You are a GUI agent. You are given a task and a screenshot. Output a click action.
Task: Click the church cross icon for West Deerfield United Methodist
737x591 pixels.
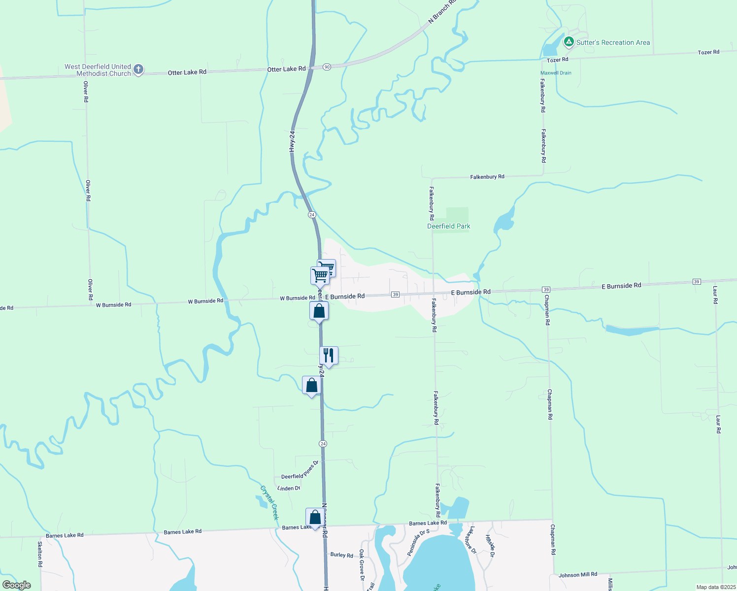(x=138, y=69)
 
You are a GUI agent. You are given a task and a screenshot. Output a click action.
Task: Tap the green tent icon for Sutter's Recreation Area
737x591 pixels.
(x=569, y=42)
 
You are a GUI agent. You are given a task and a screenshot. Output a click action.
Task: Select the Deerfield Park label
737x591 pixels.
(x=448, y=226)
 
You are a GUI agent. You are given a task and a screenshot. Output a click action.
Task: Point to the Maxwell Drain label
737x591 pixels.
(x=556, y=73)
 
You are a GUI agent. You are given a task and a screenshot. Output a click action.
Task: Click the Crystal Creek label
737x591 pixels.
(x=269, y=502)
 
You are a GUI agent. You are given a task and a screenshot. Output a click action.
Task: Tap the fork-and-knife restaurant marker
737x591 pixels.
(x=329, y=356)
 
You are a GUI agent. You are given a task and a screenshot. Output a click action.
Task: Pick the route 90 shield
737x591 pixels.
(x=327, y=67)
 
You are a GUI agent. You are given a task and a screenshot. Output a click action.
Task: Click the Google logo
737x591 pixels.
(x=16, y=585)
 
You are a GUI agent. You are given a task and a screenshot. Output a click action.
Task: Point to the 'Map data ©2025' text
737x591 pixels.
(x=716, y=587)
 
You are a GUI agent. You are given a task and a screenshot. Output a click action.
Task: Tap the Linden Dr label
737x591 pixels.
(x=289, y=488)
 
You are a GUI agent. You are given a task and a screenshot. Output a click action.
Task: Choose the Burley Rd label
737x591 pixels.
(x=341, y=555)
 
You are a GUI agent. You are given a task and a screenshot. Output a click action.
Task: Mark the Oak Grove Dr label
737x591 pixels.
(x=362, y=564)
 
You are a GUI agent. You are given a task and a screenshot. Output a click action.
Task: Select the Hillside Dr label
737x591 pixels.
(x=489, y=546)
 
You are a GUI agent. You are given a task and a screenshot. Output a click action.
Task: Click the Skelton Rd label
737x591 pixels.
(x=40, y=554)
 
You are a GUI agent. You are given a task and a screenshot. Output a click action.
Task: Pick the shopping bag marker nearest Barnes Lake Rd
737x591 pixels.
(x=315, y=518)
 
